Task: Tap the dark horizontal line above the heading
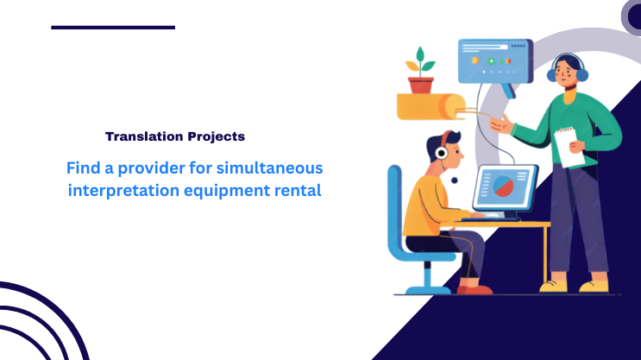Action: click(x=113, y=27)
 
